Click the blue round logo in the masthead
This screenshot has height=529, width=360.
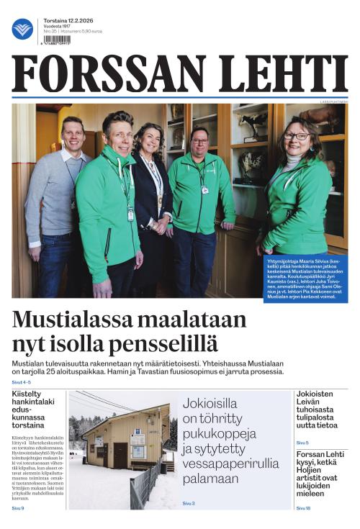point(22,29)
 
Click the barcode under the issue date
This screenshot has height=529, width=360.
point(60,40)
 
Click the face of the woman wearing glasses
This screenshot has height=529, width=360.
point(297,137)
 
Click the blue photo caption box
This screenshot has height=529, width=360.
point(306,278)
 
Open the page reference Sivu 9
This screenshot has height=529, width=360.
point(18,508)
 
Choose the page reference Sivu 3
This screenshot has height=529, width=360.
point(189,503)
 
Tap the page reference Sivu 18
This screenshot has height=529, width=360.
point(303,508)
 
